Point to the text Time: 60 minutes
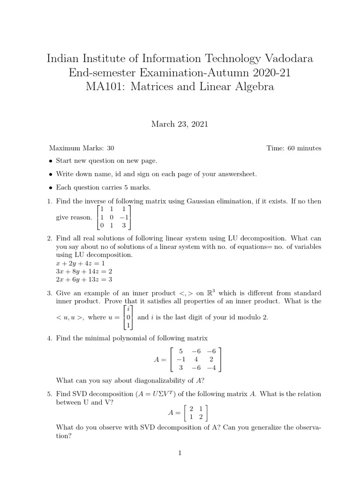(x=294, y=148)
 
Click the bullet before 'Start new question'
(x=51, y=161)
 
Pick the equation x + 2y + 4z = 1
(x=81, y=263)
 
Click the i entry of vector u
(x=128, y=309)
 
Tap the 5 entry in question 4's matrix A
(x=174, y=351)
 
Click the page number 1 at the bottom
(x=180, y=453)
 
